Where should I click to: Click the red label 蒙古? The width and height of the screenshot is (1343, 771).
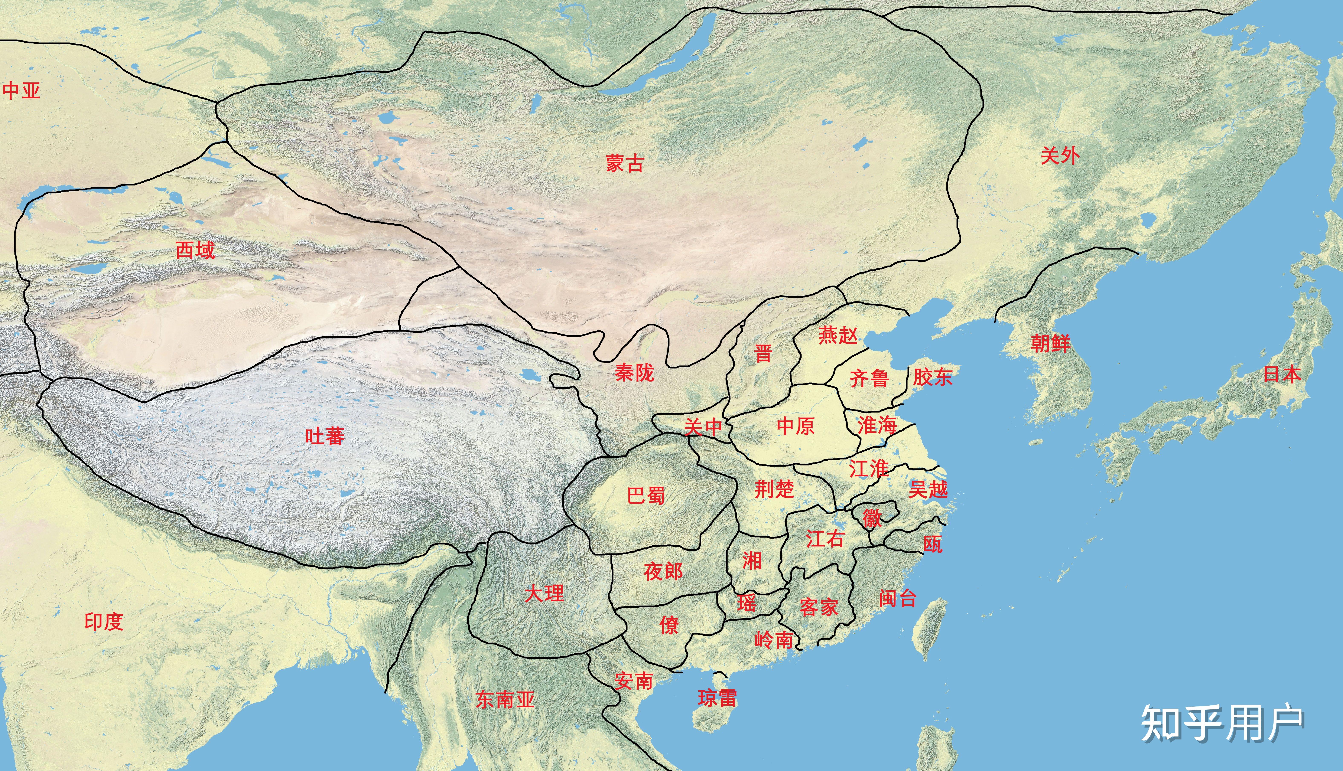coord(625,163)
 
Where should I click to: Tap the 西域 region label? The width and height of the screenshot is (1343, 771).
coord(195,250)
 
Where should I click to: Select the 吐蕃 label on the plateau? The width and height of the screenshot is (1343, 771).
coord(325,436)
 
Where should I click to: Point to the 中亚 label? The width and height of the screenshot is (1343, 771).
coord(21,91)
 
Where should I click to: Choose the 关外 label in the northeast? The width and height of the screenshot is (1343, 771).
coord(1060,156)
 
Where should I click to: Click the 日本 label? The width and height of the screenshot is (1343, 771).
coord(1282,374)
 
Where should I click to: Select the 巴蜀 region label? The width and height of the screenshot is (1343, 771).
coord(646,496)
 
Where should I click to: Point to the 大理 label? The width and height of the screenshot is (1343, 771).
coord(544,594)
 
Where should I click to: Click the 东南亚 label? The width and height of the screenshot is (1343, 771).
coord(505,699)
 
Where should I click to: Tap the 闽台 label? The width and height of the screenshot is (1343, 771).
coord(898,598)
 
